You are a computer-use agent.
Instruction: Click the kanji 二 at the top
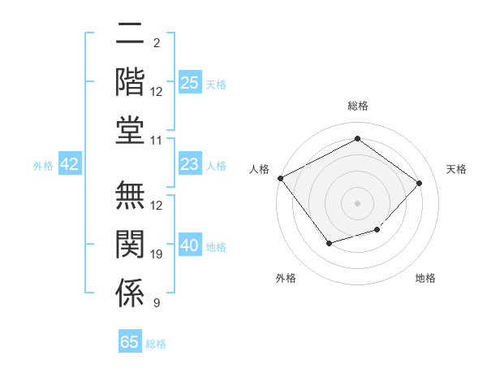click(x=130, y=35)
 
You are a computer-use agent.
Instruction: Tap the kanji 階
click(x=130, y=82)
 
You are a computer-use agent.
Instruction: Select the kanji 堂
click(x=130, y=130)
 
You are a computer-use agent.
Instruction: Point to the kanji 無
click(x=130, y=198)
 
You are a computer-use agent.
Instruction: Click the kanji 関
click(x=130, y=245)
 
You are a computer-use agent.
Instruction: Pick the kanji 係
click(x=130, y=293)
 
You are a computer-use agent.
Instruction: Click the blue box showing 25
click(x=190, y=83)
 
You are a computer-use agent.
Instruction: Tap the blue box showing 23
click(x=190, y=165)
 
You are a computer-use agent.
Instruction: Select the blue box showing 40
click(x=190, y=246)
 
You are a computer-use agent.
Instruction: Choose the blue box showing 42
click(x=70, y=165)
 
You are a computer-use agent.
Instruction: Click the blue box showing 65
click(x=130, y=342)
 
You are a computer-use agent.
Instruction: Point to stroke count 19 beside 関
click(x=157, y=254)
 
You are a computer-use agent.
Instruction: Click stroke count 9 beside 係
click(x=157, y=303)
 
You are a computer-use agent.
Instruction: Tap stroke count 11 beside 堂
click(x=157, y=140)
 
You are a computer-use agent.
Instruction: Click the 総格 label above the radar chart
click(x=357, y=106)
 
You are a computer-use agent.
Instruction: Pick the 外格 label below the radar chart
click(x=286, y=278)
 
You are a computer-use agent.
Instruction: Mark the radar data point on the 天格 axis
click(x=419, y=183)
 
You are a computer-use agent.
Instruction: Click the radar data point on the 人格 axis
click(x=281, y=178)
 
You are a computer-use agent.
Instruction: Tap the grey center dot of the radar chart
click(x=357, y=202)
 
